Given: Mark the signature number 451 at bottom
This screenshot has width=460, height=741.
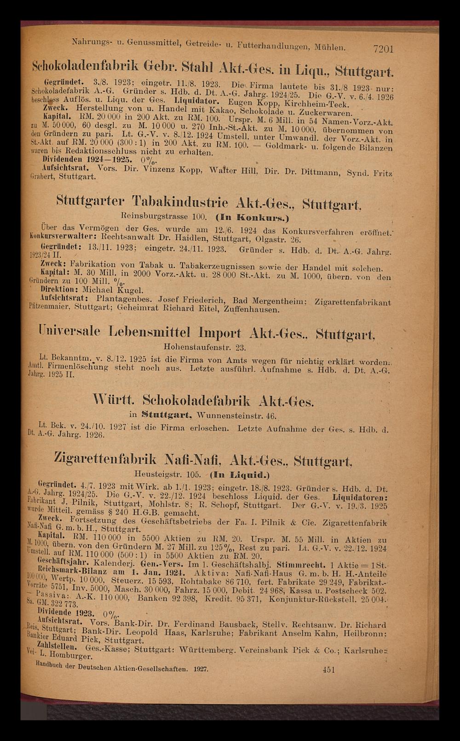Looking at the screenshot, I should (328, 670).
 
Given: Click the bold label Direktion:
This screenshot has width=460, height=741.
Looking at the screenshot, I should (59, 290).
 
